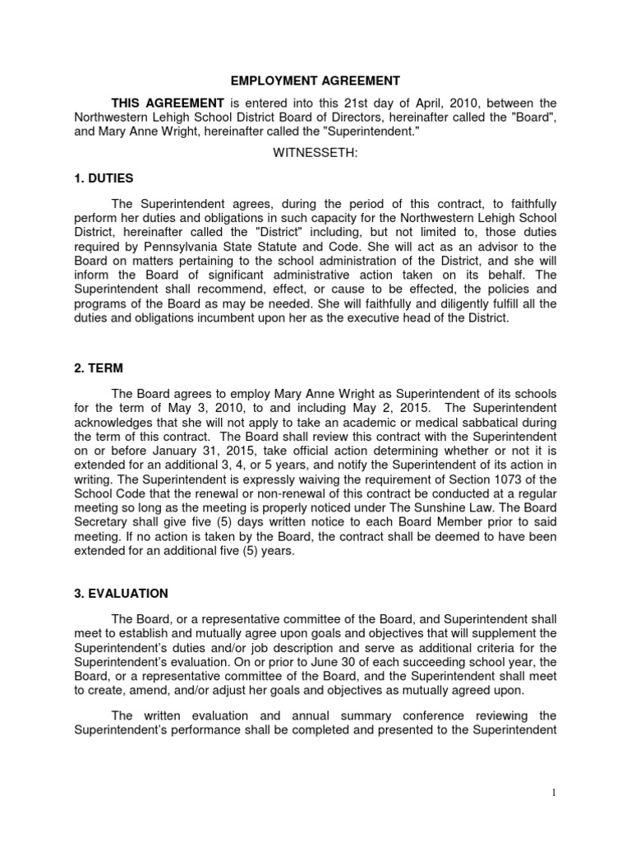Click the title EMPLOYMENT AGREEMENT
pyautogui.click(x=315, y=81)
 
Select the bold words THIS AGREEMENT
pyautogui.click(x=168, y=103)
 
